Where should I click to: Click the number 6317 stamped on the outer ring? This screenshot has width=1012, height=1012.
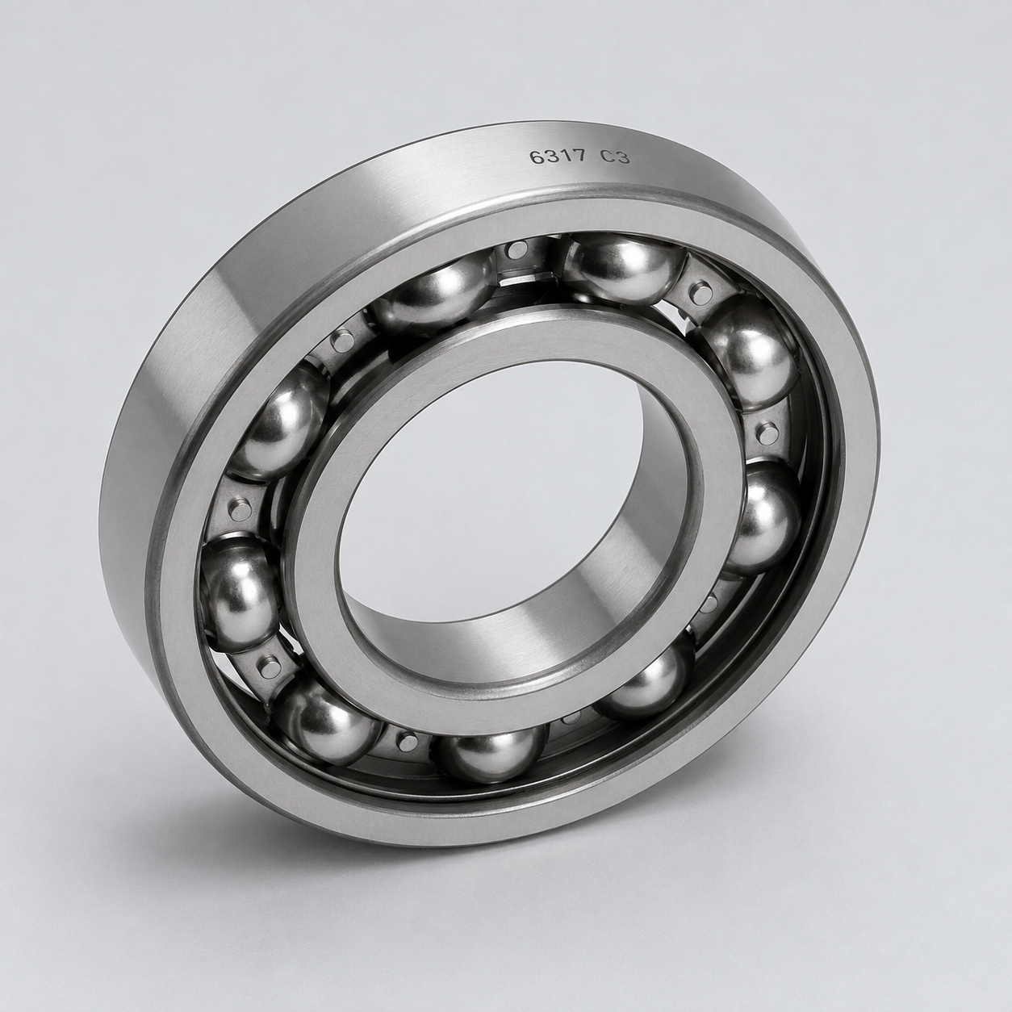558,157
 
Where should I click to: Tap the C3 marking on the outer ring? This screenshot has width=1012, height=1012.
616,157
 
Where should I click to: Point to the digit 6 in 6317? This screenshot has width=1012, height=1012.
536,157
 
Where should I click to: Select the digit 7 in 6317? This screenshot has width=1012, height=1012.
580,157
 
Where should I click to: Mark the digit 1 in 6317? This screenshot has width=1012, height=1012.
567,157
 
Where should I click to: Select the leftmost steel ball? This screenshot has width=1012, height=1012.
239,591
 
